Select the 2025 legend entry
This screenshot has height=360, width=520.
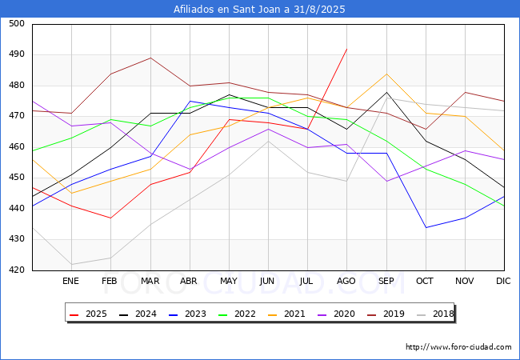click(88, 314)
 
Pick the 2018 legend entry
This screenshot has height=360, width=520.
click(435, 314)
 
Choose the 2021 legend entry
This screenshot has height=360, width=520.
click(286, 314)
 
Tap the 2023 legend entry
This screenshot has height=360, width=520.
click(187, 314)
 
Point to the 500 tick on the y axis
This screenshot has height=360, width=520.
click(17, 23)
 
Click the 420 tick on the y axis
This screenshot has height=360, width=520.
click(17, 270)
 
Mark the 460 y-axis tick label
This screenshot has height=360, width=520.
click(17, 147)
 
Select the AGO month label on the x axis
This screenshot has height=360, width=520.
click(346, 281)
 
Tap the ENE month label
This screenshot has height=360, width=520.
click(70, 281)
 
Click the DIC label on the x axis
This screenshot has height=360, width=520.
click(503, 281)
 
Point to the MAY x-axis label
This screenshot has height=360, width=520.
click(229, 281)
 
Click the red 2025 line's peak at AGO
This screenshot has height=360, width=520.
click(347, 49)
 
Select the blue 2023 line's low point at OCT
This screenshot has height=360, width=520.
click(426, 227)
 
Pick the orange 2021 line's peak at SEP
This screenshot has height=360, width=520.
click(386, 74)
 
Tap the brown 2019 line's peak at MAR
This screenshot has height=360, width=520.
click(150, 58)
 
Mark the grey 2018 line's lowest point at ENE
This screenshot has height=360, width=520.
click(72, 264)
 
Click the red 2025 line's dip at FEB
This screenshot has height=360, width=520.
click(110, 218)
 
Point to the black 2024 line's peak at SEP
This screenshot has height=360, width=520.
click(386, 92)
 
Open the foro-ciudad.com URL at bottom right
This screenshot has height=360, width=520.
click(458, 347)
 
